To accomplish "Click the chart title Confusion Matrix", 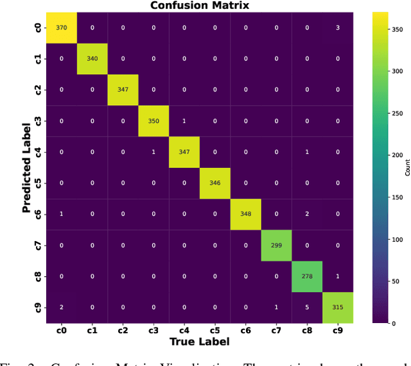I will click(200, 6).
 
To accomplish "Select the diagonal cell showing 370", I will click(62, 28).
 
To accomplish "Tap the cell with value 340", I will click(92, 59).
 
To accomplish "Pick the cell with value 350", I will click(154, 121).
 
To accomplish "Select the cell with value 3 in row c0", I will click(338, 28).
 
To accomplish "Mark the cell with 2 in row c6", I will click(307, 215).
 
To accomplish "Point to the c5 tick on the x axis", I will click(215, 331).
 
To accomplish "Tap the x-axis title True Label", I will click(200, 342).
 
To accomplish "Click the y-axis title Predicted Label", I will click(27, 168).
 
